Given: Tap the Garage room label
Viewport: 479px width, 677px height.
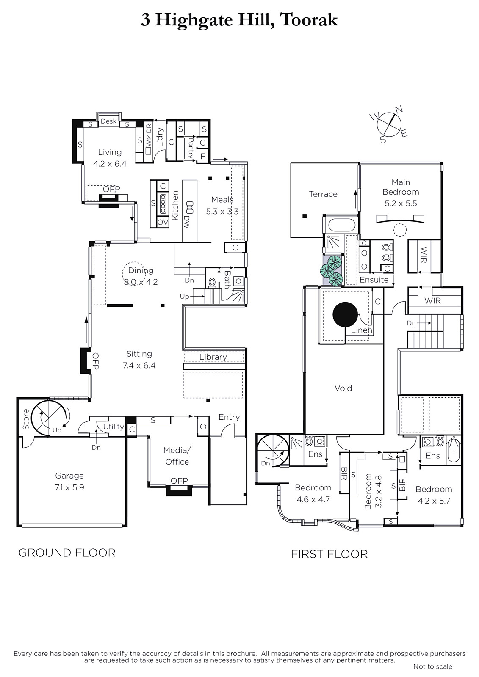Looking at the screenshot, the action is (69, 476).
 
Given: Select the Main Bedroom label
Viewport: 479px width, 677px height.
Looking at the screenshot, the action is (401, 187).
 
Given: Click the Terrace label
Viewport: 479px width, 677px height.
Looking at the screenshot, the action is (323, 194).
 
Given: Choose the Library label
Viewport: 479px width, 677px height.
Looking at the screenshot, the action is (213, 357).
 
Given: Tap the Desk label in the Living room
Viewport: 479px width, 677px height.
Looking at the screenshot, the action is (108, 121).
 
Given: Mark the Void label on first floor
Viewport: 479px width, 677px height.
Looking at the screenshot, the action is (343, 388).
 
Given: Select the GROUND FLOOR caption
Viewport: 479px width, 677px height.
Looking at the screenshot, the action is (67, 553).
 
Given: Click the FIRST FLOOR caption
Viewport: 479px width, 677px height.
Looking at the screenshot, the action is (329, 554).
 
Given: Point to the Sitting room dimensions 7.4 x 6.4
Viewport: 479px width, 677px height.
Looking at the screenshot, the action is (139, 366).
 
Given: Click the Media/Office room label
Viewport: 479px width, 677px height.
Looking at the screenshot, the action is (177, 456).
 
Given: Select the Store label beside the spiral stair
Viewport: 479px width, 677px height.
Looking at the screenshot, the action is (26, 419).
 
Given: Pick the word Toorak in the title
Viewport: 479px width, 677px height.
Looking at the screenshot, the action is (309, 20).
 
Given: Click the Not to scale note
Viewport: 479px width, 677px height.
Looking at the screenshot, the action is (433, 666).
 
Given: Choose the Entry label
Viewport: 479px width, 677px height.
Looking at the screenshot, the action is (229, 417).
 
